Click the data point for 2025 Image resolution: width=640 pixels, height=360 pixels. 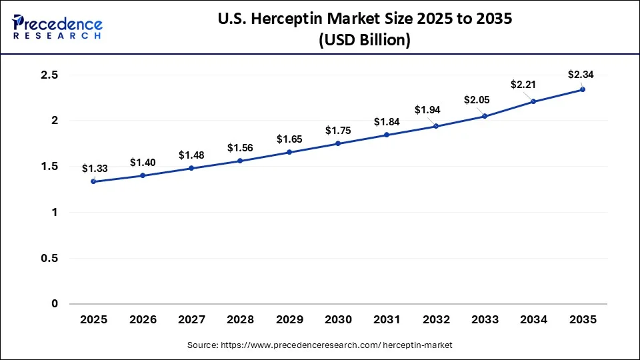pyautogui.click(x=93, y=181)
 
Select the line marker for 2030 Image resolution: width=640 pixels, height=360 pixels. pyautogui.click(x=338, y=143)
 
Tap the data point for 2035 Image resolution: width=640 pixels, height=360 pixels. pyautogui.click(x=583, y=89)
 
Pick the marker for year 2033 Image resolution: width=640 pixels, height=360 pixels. pyautogui.click(x=485, y=116)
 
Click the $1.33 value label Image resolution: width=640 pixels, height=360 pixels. pyautogui.click(x=94, y=169)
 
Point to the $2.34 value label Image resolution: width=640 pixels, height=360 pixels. pyautogui.click(x=580, y=74)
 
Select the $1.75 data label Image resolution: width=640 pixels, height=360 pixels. pyautogui.click(x=338, y=131)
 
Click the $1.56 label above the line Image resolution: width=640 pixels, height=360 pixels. pyautogui.click(x=240, y=147)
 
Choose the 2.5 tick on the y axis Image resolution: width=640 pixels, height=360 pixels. pyautogui.click(x=50, y=75)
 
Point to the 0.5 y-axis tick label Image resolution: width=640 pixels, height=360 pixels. pyautogui.click(x=50, y=258)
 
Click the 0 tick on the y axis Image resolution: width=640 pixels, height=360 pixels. pyautogui.click(x=55, y=304)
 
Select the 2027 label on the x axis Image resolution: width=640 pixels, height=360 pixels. pyautogui.click(x=191, y=320)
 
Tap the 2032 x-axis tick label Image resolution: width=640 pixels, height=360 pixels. pyautogui.click(x=436, y=320)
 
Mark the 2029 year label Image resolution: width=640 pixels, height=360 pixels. pyautogui.click(x=289, y=320)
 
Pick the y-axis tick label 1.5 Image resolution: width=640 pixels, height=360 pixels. pyautogui.click(x=50, y=167)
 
